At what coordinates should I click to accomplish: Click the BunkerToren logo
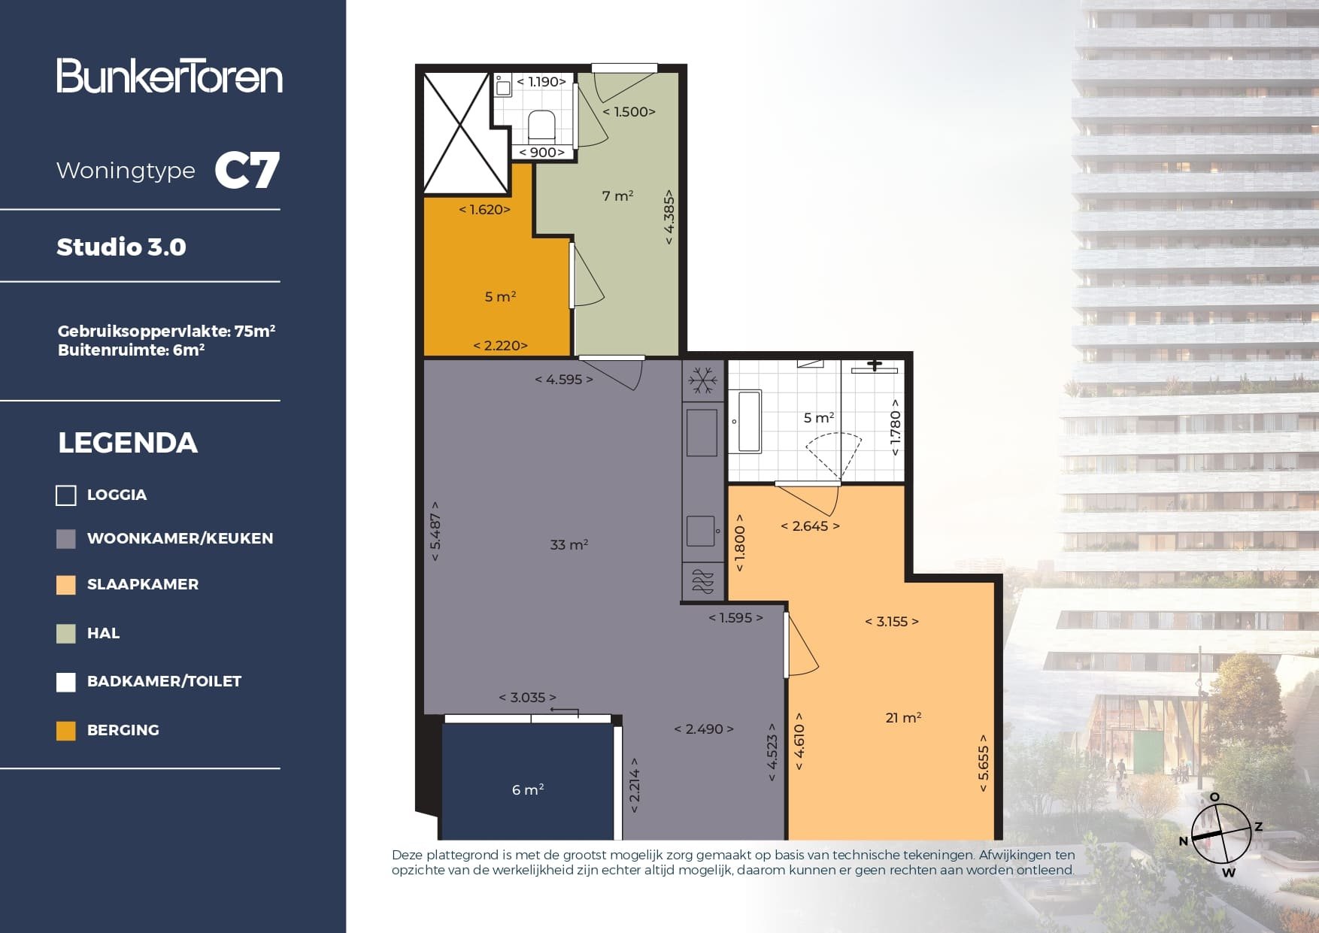(x=169, y=76)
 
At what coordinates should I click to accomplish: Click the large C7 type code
(x=247, y=171)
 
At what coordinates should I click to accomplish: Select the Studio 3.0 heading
(x=121, y=247)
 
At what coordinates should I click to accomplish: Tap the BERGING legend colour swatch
(x=66, y=731)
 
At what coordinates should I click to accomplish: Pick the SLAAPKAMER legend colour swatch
(x=66, y=585)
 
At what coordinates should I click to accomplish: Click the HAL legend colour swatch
(x=66, y=634)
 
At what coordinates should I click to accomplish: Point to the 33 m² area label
(x=569, y=544)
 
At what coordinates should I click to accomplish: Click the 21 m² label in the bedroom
(x=903, y=717)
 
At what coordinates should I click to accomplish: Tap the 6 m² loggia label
(x=527, y=789)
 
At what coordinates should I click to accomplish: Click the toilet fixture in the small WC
(x=541, y=126)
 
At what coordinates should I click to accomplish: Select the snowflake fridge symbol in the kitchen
(x=703, y=380)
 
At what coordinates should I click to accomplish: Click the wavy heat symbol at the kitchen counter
(x=702, y=582)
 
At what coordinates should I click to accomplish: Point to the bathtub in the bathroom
(x=748, y=421)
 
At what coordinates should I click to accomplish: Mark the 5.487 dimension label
(x=435, y=532)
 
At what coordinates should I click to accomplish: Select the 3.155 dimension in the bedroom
(x=892, y=621)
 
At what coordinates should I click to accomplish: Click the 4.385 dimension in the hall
(x=669, y=217)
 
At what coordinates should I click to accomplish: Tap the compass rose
(x=1220, y=833)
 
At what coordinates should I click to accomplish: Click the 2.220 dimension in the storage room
(x=500, y=345)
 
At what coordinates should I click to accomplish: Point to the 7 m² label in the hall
(x=617, y=195)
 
